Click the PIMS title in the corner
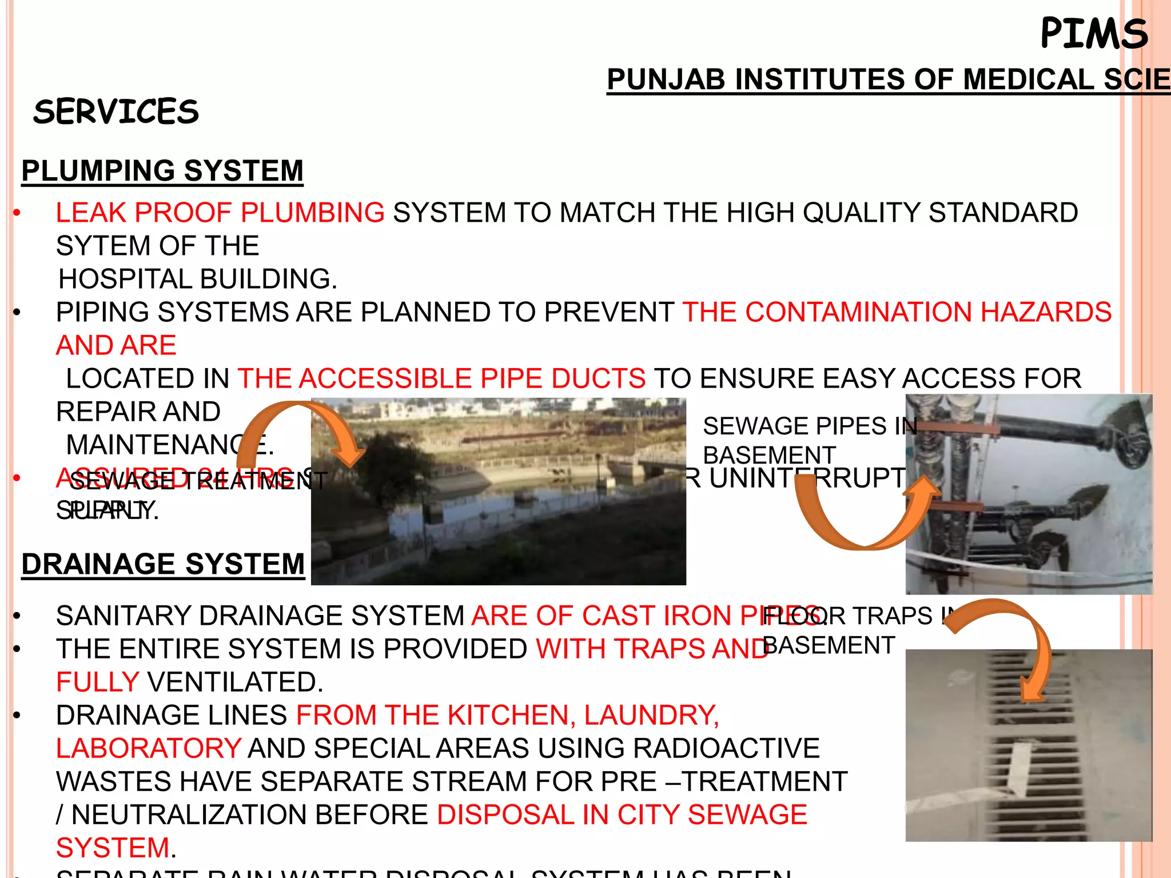pos(1093,33)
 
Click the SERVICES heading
pos(116,111)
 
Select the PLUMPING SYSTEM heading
pos(162,171)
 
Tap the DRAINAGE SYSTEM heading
pos(163,564)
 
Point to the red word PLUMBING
pos(313,213)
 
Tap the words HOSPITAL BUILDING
pos(198,280)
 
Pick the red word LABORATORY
pos(149,748)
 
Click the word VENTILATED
pos(235,682)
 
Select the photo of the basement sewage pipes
pos(1029,494)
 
